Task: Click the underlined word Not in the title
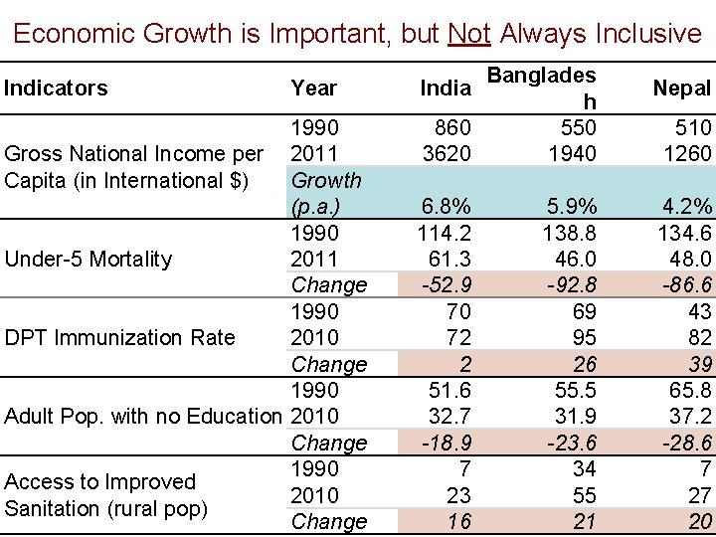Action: pyautogui.click(x=468, y=34)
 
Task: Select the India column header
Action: pyautogui.click(x=445, y=89)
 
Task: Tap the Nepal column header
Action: pyautogui.click(x=681, y=89)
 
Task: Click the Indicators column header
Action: pyautogui.click(x=56, y=89)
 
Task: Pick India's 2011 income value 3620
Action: pyautogui.click(x=446, y=154)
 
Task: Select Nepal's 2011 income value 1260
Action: pyautogui.click(x=687, y=154)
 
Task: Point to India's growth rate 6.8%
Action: pyautogui.click(x=447, y=207)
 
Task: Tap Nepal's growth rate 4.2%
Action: pyautogui.click(x=687, y=207)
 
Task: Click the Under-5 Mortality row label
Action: pyautogui.click(x=89, y=260)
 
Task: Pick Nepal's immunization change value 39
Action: pyautogui.click(x=699, y=364)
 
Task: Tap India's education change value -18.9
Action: pyautogui.click(x=447, y=443)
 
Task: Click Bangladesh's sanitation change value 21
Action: pyautogui.click(x=584, y=521)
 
